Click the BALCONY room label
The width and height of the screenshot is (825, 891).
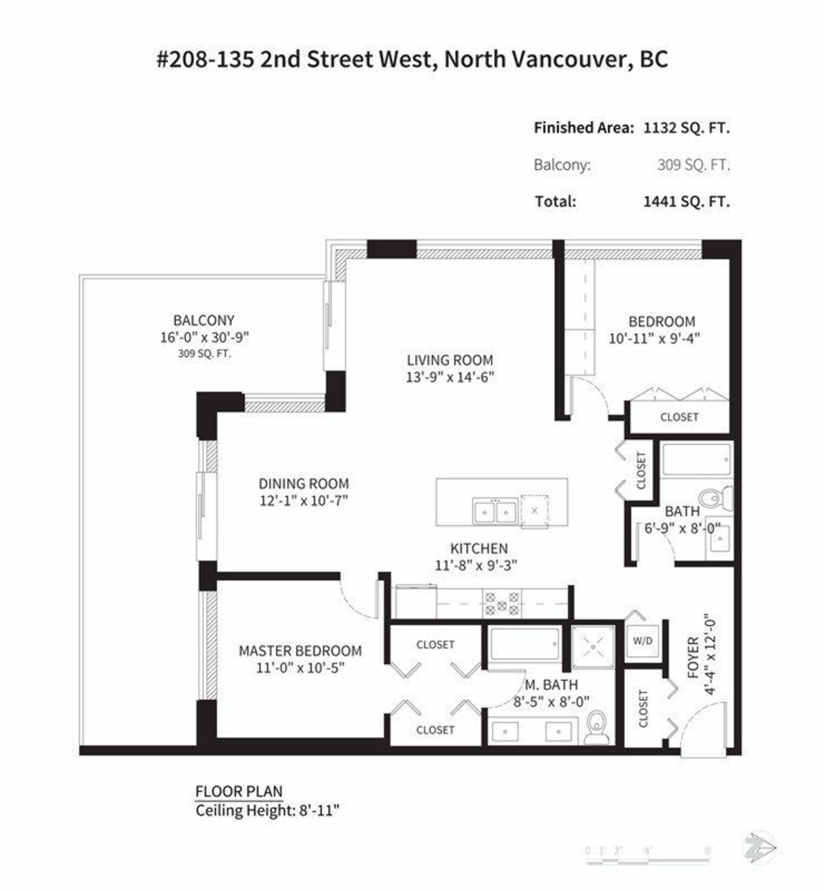[203, 320]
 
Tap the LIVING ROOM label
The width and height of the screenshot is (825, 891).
[450, 360]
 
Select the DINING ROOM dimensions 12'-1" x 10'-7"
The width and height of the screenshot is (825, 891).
[304, 501]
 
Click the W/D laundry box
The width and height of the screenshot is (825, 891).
[643, 641]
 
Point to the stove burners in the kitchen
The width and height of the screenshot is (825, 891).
[502, 603]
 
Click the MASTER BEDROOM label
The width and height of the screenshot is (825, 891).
[300, 651]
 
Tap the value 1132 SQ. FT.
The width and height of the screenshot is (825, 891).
[687, 128]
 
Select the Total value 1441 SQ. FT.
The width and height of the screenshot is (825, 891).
[687, 201]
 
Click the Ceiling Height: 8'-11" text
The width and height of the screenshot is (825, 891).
[268, 811]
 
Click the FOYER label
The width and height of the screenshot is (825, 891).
[693, 658]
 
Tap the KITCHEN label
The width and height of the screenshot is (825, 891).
[479, 548]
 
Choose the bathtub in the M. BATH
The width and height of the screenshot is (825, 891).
[525, 644]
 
